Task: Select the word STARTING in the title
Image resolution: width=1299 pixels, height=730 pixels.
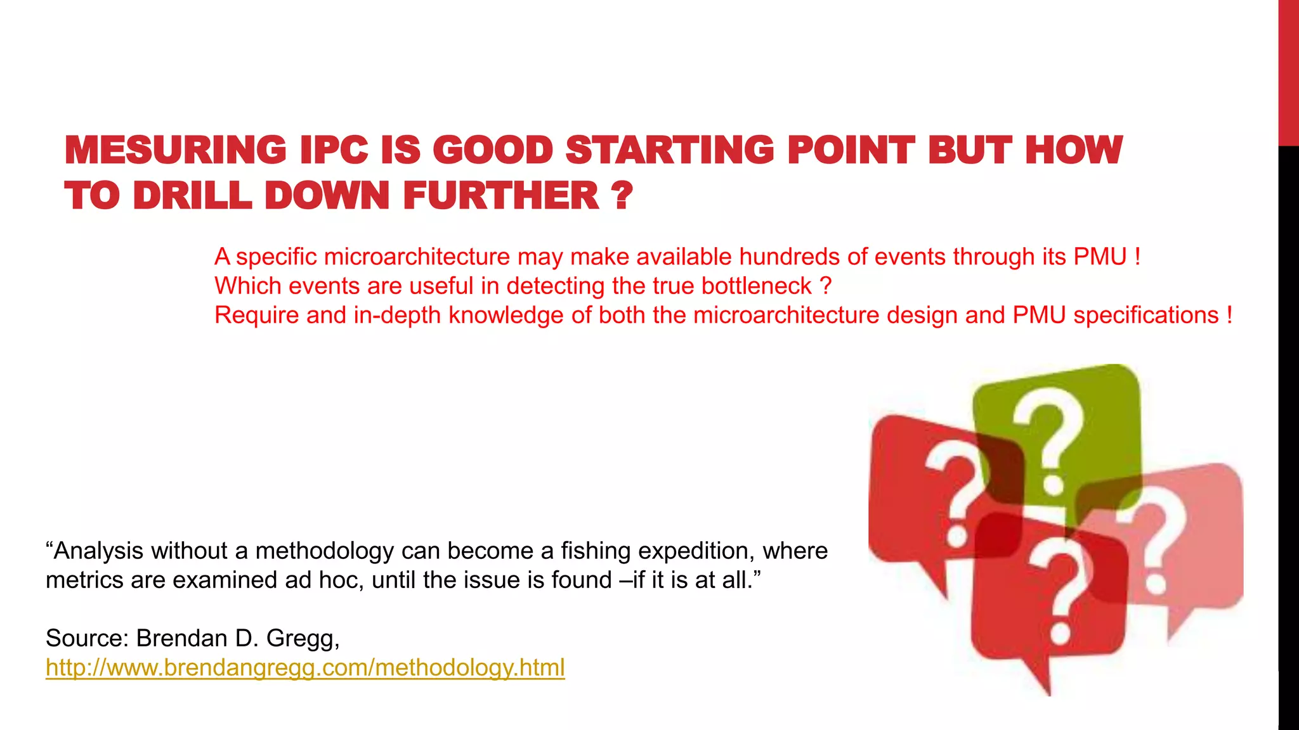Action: click(669, 150)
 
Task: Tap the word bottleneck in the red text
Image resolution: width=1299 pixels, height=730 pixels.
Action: click(756, 286)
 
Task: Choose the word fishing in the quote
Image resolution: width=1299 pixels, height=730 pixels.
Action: click(596, 551)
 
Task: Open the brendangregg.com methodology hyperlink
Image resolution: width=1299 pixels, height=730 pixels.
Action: click(305, 668)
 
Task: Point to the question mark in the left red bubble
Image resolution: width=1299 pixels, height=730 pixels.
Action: click(955, 494)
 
